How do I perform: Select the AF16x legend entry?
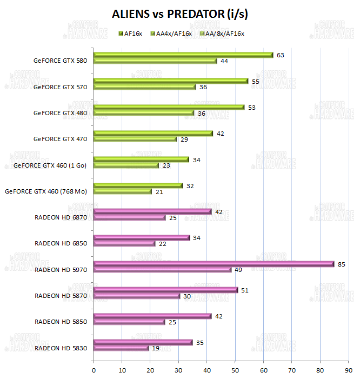[132, 34]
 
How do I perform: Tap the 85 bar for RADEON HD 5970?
[214, 264]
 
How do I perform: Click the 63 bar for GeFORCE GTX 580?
[183, 55]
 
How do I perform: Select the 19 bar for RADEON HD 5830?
[121, 348]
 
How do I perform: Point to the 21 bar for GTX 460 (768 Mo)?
[123, 191]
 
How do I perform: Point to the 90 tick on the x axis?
[348, 370]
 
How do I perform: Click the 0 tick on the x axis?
[94, 370]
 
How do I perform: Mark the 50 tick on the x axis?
[235, 370]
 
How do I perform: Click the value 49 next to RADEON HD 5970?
[238, 270]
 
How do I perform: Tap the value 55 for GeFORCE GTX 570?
[256, 81]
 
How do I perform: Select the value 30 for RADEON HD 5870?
[186, 296]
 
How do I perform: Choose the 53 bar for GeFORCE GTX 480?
[169, 107]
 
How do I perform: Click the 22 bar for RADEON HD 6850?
[124, 243]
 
